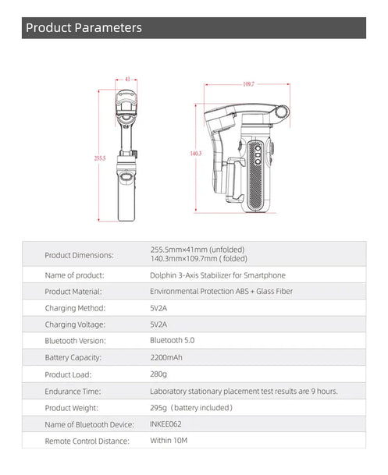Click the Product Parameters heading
click(x=84, y=27)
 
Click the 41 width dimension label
click(x=127, y=79)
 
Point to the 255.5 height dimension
click(x=100, y=158)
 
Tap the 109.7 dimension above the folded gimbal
click(x=248, y=84)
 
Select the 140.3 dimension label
click(x=196, y=154)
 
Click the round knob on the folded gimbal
click(x=283, y=112)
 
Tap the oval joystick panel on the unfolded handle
click(x=126, y=178)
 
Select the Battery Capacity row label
click(x=73, y=358)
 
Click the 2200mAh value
click(x=166, y=357)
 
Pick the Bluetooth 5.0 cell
click(x=173, y=341)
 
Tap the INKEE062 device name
click(x=166, y=424)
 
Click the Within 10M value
click(x=169, y=441)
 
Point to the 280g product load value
click(x=158, y=374)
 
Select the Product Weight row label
click(x=72, y=408)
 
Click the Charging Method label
click(x=75, y=308)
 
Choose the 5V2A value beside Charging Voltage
click(x=158, y=324)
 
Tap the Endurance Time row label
click(x=73, y=392)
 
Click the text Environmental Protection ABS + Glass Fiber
click(x=221, y=292)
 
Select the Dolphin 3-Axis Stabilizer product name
click(x=218, y=275)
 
